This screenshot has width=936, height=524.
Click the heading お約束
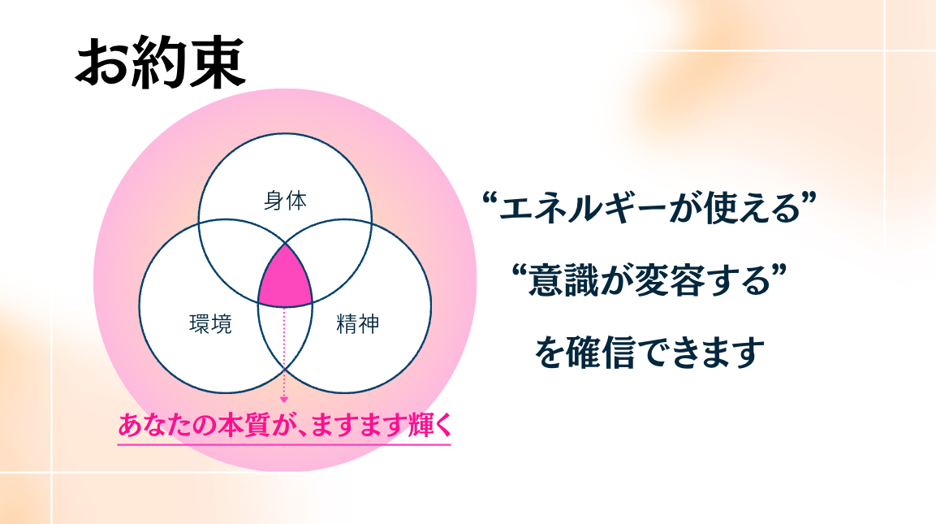161,62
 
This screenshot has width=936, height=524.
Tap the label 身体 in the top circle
285,201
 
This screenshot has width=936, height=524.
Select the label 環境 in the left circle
211,324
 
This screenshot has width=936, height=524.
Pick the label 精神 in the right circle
358,324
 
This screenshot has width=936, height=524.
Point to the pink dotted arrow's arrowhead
284,399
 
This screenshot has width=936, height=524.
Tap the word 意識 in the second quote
563,281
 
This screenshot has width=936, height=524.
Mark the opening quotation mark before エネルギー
490,199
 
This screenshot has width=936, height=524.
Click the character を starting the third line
550,353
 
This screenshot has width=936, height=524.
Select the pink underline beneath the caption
284,444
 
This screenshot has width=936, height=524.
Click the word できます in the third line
702,353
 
